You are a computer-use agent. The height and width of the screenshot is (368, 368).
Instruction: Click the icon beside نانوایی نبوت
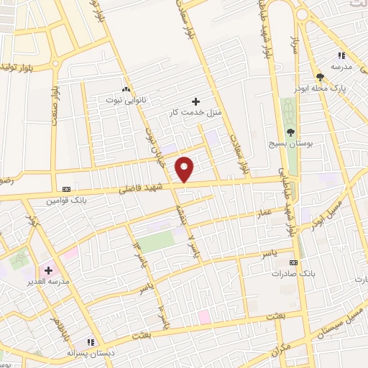pyautogui.click(x=126, y=89)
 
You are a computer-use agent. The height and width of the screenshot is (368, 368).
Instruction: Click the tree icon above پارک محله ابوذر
pyautogui.click(x=320, y=75)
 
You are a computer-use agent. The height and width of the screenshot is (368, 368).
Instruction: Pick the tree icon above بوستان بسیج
pyautogui.click(x=291, y=131)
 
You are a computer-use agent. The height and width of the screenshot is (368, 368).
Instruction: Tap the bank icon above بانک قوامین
pyautogui.click(x=67, y=188)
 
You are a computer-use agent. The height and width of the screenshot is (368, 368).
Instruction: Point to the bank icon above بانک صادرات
pyautogui.click(x=293, y=262)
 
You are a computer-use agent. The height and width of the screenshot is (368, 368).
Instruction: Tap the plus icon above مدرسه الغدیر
pyautogui.click(x=48, y=270)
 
